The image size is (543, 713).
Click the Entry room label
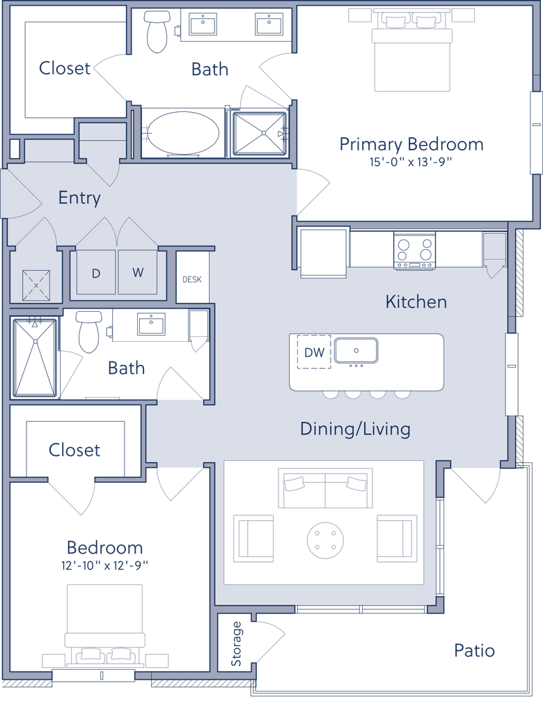[x=79, y=198]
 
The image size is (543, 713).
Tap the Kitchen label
[x=416, y=301]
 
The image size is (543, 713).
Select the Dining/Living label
[x=355, y=428]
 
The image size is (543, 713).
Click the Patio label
[x=474, y=651]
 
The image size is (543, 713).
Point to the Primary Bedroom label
[x=411, y=145]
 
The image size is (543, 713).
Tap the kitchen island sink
[x=356, y=350]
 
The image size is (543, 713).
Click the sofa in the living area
[x=326, y=487]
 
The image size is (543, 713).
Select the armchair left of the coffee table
[x=254, y=538]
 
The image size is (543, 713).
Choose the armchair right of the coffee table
[x=397, y=538]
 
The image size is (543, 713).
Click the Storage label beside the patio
[x=236, y=643]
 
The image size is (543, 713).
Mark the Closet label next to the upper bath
[x=64, y=68]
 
